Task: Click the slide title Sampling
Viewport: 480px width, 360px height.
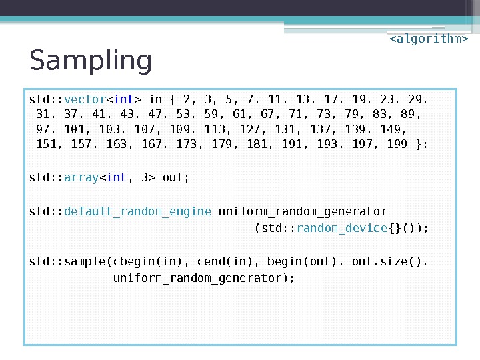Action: [91, 61]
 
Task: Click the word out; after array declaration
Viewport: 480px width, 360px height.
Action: [176, 177]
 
